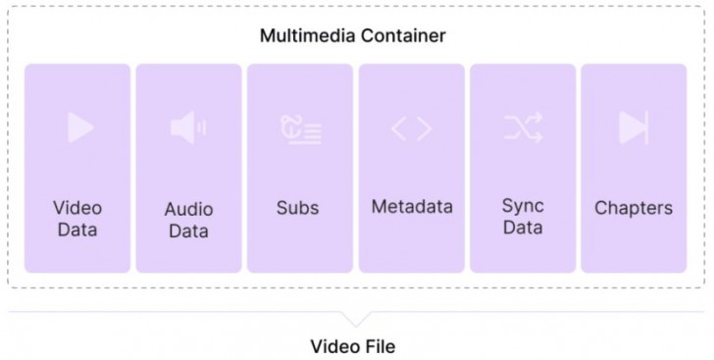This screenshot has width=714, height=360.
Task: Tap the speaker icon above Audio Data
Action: click(187, 128)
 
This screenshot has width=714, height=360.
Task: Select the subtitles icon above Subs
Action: click(300, 129)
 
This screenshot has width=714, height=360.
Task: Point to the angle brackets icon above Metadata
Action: click(411, 129)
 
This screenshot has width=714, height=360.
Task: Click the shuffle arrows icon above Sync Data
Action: click(523, 128)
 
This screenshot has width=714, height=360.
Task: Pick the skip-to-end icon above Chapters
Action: click(633, 128)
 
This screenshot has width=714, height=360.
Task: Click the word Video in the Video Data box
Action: click(77, 207)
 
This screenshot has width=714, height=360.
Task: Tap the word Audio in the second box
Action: click(188, 209)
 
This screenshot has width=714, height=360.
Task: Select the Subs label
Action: click(298, 207)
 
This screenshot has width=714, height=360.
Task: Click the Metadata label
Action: click(412, 206)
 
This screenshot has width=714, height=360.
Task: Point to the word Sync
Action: click(523, 206)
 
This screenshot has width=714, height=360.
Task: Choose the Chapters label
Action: click(634, 207)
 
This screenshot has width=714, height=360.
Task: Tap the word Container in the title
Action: click(402, 36)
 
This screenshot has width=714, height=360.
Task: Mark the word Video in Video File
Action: click(334, 346)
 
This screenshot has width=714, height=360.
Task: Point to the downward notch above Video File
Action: click(356, 319)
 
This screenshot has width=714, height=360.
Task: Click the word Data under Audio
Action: click(188, 231)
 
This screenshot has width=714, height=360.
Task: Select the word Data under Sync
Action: click(523, 228)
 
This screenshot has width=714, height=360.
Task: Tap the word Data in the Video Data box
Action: click(77, 230)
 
